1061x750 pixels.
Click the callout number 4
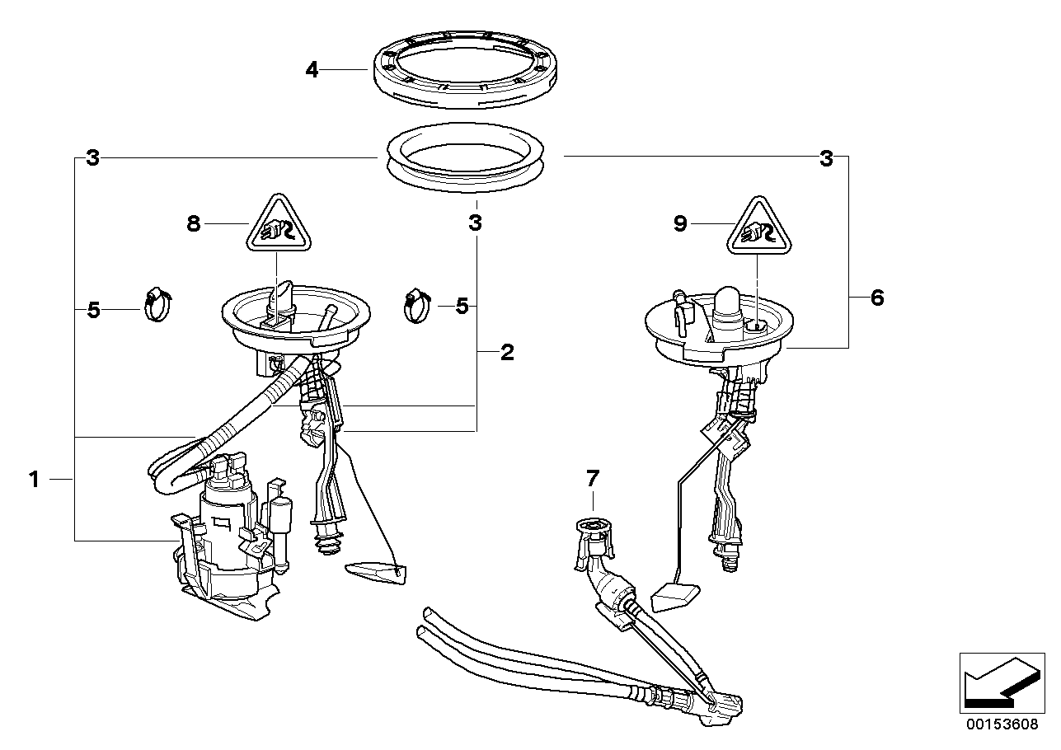coord(312,70)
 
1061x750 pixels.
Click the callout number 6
coord(876,298)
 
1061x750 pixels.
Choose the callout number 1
coord(34,479)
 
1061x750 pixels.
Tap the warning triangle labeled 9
coord(758,227)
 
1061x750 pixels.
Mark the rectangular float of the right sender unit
coord(674,595)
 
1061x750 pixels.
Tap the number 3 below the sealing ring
coord(475,223)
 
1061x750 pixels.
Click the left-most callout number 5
coord(93,310)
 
